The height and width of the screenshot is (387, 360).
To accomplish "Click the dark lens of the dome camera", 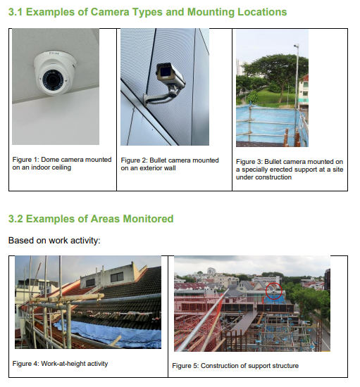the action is pyautogui.click(x=53, y=80).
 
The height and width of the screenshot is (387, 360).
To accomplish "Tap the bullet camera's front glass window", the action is pyautogui.click(x=164, y=72).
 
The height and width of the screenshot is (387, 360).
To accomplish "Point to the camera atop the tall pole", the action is pyautogui.click(x=297, y=46).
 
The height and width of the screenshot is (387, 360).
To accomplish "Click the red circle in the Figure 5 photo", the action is pyautogui.click(x=274, y=291).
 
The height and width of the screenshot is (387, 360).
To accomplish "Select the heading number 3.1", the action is pyautogui.click(x=15, y=12).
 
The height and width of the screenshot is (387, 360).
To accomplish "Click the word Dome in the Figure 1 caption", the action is pyautogui.click(x=49, y=160).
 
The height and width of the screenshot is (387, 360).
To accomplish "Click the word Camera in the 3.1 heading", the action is pyautogui.click(x=110, y=12).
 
